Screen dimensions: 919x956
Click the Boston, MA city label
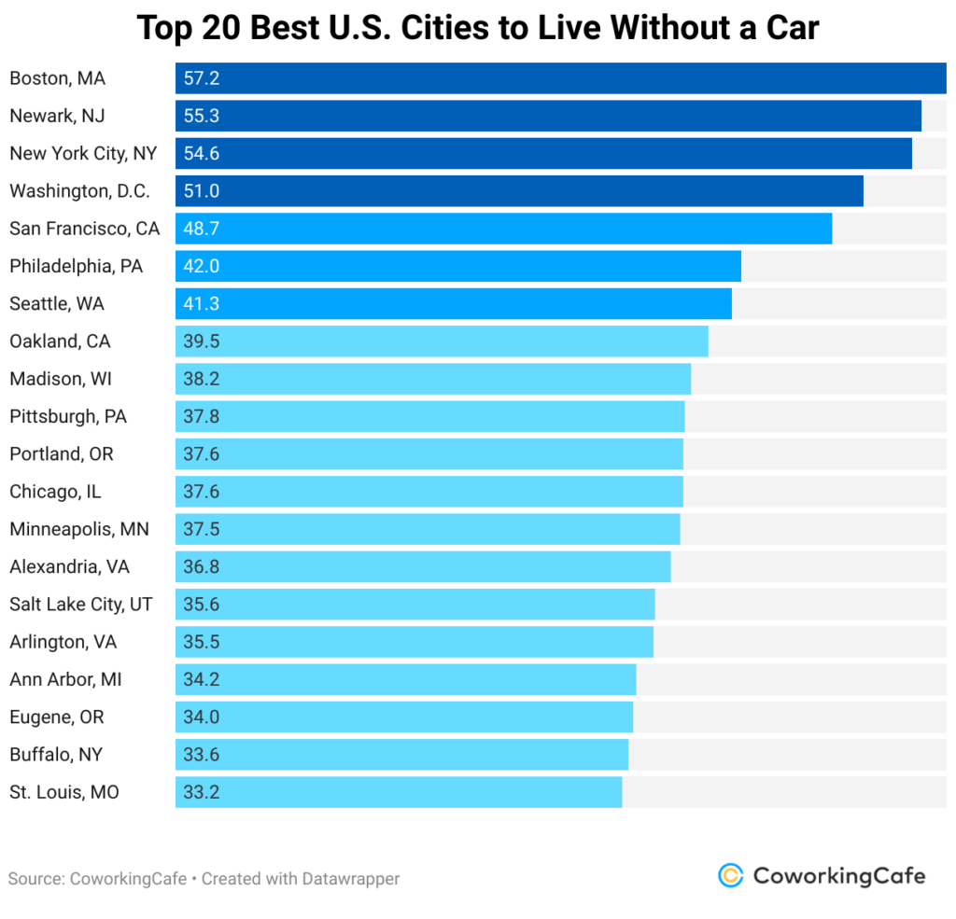pos(57,78)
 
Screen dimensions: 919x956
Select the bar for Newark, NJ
pos(548,116)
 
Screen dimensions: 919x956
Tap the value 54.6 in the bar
pos(201,153)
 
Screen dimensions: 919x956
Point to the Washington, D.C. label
pos(79,191)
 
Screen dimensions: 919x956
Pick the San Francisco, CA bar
pos(503,229)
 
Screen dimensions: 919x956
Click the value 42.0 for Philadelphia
pos(201,266)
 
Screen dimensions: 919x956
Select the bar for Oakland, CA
pos(442,341)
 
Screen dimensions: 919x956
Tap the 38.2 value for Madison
pos(201,379)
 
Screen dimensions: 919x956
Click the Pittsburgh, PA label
pos(68,416)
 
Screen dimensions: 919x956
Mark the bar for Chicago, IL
pos(429,492)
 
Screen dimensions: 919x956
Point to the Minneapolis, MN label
pos(79,529)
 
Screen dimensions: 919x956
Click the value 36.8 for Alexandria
pos(201,566)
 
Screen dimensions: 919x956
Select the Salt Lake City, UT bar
pos(415,605)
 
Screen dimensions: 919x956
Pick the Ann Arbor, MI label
pos(65,679)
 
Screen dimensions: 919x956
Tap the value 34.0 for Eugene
pos(201,717)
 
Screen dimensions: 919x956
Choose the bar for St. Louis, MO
pos(399,792)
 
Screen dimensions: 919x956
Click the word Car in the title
pos(786,29)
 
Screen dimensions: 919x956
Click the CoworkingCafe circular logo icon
pos(730,875)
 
